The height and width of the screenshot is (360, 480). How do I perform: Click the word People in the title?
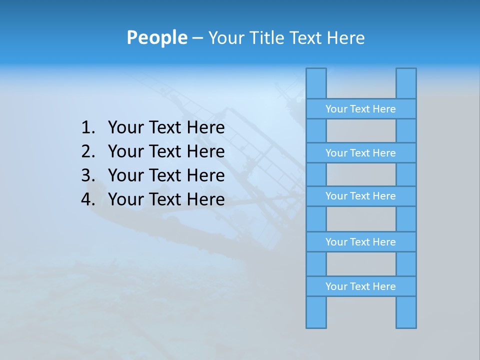[x=156, y=38]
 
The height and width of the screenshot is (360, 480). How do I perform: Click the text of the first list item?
[x=166, y=128]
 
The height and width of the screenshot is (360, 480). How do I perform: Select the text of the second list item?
[x=166, y=151]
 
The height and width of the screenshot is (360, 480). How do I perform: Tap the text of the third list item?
[x=166, y=175]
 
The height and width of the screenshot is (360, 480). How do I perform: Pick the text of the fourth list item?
[x=166, y=199]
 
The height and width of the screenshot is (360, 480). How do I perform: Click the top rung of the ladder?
[x=360, y=109]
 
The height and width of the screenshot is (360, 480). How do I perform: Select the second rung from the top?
[x=360, y=153]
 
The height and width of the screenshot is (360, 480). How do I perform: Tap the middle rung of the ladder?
[x=360, y=196]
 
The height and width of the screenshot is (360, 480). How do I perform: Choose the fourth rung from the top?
[x=360, y=242]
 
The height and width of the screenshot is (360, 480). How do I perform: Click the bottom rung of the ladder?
[x=360, y=286]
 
